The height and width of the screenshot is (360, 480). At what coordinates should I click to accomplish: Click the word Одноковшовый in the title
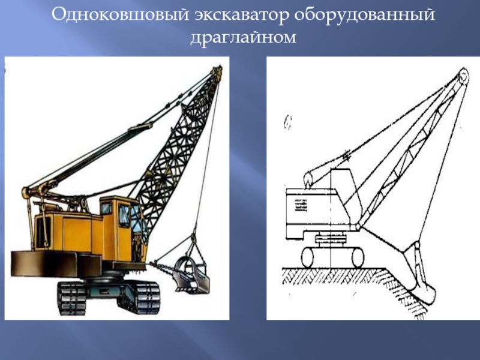click(120, 14)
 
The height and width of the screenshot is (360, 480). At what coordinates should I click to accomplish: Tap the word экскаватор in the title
click(242, 14)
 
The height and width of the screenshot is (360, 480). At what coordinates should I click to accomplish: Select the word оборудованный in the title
click(365, 14)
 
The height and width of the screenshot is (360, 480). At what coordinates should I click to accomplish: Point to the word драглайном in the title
click(244, 37)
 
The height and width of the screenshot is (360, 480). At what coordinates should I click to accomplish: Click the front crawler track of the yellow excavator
click(139, 297)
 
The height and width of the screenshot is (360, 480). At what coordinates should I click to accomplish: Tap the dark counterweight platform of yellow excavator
click(56, 264)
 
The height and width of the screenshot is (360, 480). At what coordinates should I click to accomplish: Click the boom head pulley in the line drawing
click(463, 77)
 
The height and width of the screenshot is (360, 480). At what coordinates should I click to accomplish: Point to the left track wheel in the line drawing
click(308, 257)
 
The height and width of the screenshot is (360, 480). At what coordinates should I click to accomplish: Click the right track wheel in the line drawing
click(358, 257)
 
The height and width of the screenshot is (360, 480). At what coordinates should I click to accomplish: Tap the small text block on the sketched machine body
click(301, 205)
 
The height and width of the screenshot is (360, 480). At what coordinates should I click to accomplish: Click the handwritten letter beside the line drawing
click(287, 122)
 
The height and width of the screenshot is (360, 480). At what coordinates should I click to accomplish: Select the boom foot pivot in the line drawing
click(358, 227)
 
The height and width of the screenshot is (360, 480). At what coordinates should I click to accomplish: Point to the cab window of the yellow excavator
click(124, 216)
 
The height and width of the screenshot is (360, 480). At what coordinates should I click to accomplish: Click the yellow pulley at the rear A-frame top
click(25, 192)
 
